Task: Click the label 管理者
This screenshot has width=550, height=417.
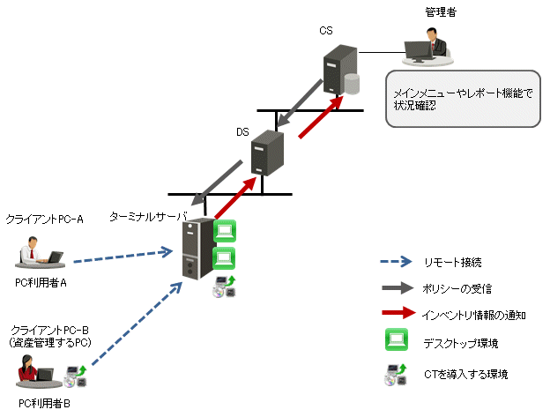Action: (440, 11)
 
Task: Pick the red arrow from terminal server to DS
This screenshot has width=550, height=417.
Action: (238, 196)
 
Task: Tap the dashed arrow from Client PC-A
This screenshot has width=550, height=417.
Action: (122, 257)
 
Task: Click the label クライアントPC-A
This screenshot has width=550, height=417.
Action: (44, 218)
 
